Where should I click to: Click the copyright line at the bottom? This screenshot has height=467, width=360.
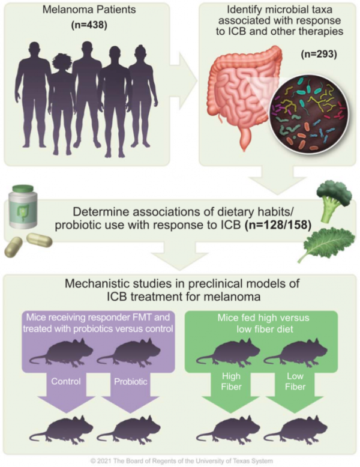pos(180,459)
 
